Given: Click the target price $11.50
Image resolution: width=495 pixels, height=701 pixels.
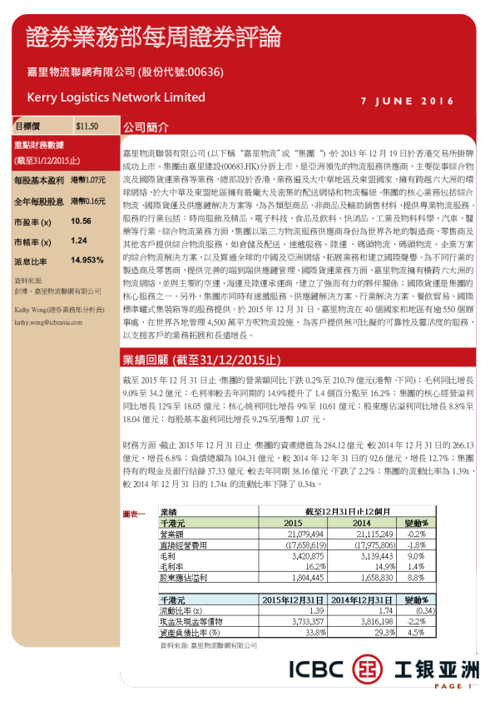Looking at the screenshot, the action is (x=87, y=127).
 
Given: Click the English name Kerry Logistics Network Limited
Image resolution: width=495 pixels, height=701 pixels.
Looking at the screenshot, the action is (x=116, y=97).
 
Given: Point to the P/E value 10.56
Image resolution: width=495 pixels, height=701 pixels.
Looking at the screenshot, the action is (x=81, y=221).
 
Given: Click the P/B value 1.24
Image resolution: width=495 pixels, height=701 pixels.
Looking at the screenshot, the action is (x=79, y=241).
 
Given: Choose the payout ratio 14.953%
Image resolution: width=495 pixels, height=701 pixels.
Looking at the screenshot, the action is (x=87, y=261).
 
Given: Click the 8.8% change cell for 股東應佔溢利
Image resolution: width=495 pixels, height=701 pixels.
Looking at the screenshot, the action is (x=416, y=575).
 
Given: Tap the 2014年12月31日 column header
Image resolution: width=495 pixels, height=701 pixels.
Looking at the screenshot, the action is (x=362, y=599).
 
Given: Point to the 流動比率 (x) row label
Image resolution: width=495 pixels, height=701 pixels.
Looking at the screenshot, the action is (x=181, y=610).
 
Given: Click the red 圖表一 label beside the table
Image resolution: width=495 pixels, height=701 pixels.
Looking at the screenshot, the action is (x=134, y=514).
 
